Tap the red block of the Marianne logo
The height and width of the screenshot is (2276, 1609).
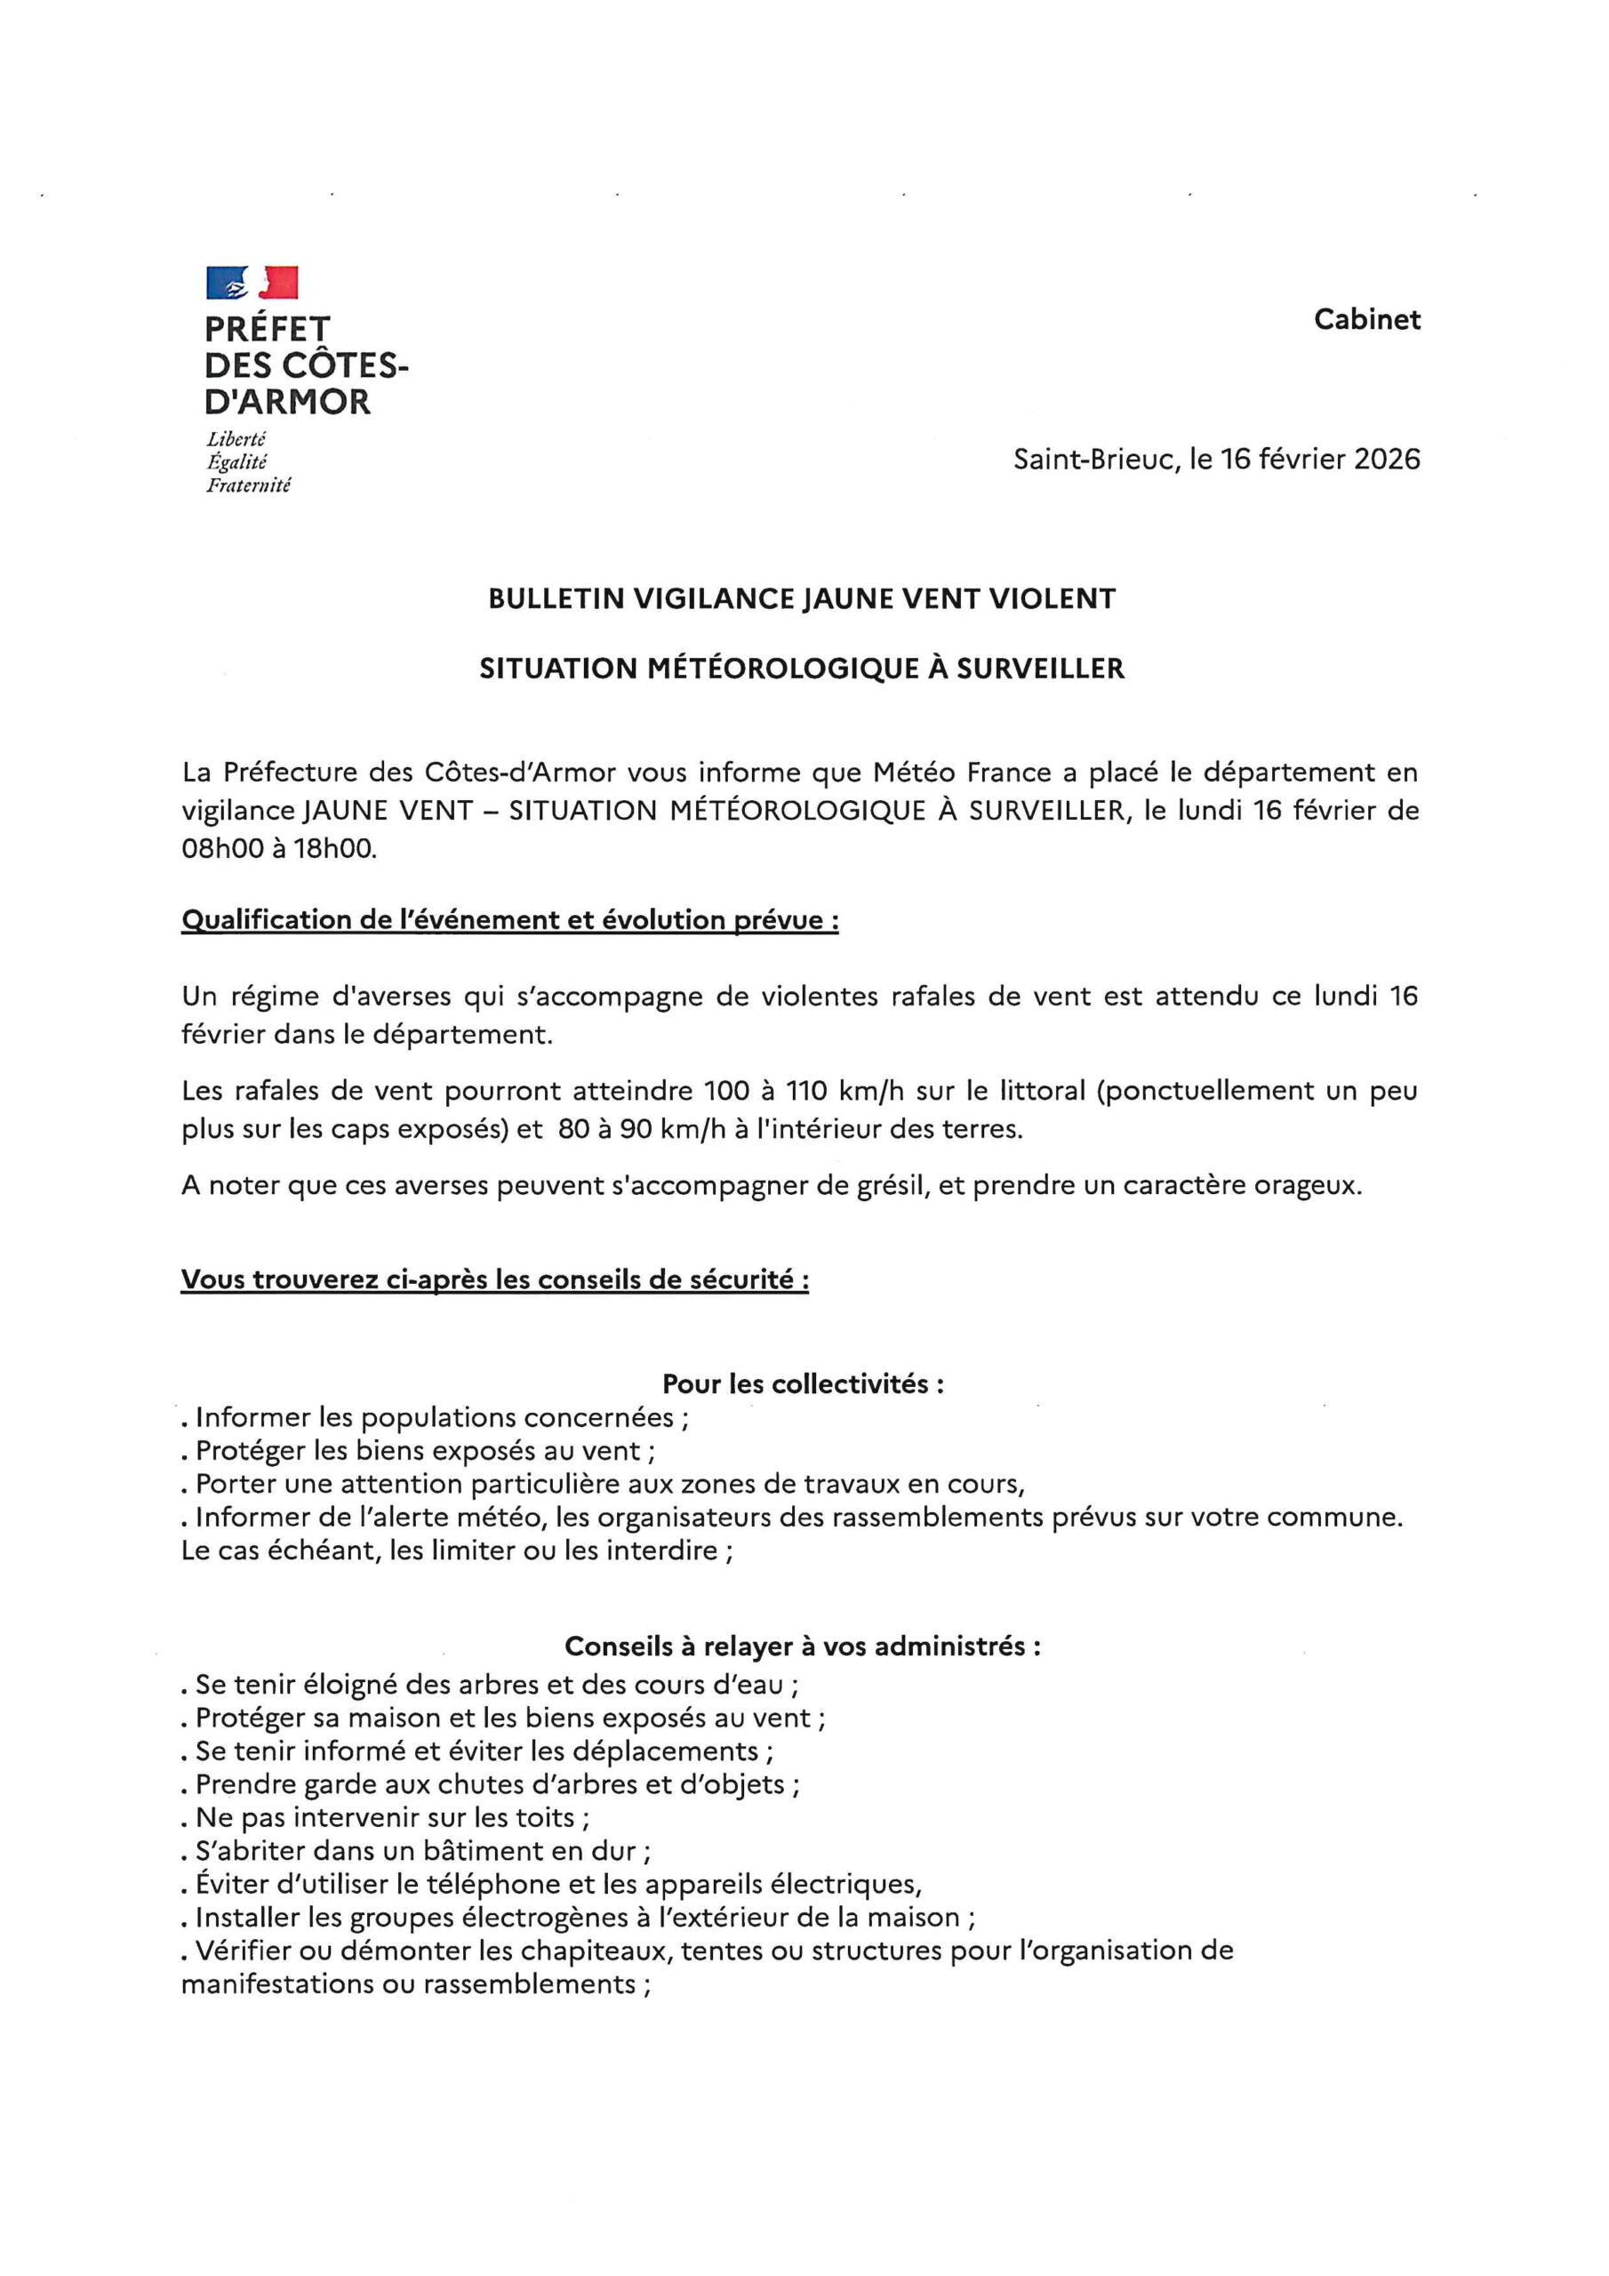pos(278,283)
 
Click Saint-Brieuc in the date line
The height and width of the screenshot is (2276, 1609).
pos(1091,459)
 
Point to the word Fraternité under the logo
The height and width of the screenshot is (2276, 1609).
pos(248,485)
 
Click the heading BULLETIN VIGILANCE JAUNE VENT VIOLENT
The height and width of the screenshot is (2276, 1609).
pos(802,598)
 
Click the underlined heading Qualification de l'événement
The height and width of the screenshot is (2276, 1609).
pos(509,920)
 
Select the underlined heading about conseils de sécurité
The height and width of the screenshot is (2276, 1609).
pos(493,1279)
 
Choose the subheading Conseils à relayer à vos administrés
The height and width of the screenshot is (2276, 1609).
pos(802,1647)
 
